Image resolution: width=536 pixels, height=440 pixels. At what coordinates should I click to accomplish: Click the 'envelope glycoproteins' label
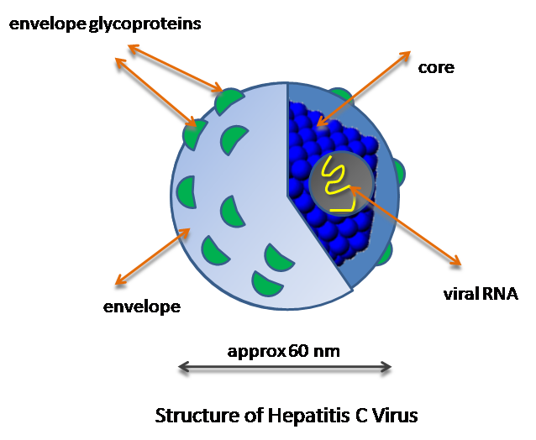pos(105,24)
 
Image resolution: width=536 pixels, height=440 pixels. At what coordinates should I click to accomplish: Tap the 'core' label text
pos(436,67)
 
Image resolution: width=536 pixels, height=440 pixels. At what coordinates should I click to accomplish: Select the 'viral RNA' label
pos(481,294)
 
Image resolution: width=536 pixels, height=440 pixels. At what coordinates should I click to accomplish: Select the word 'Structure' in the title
pos(192,415)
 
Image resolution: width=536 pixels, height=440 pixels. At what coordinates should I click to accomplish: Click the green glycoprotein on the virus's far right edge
pos(398,173)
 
